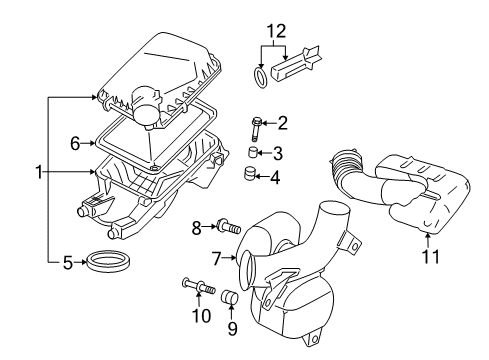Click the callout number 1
(x=40, y=172)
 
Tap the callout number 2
(x=283, y=124)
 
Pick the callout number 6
(x=73, y=144)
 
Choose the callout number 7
(x=216, y=258)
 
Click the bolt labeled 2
(x=257, y=125)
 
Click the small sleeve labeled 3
(x=255, y=153)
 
